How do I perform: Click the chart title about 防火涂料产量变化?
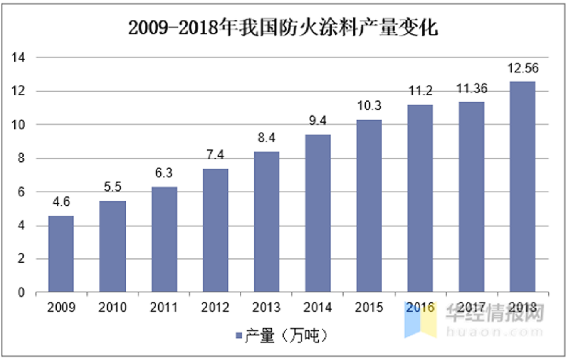283,28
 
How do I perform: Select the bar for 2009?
61,254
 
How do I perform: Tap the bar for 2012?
215,231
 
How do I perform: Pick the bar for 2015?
369,206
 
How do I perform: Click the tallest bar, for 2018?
523,187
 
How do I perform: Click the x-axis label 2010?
113,308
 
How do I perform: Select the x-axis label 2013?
266,308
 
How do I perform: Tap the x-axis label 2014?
318,308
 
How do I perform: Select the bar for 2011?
164,240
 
